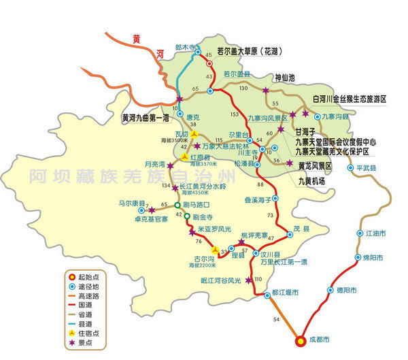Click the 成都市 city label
[x=318, y=338]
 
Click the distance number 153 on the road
[x=235, y=114]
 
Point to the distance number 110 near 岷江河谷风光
[x=258, y=280]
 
